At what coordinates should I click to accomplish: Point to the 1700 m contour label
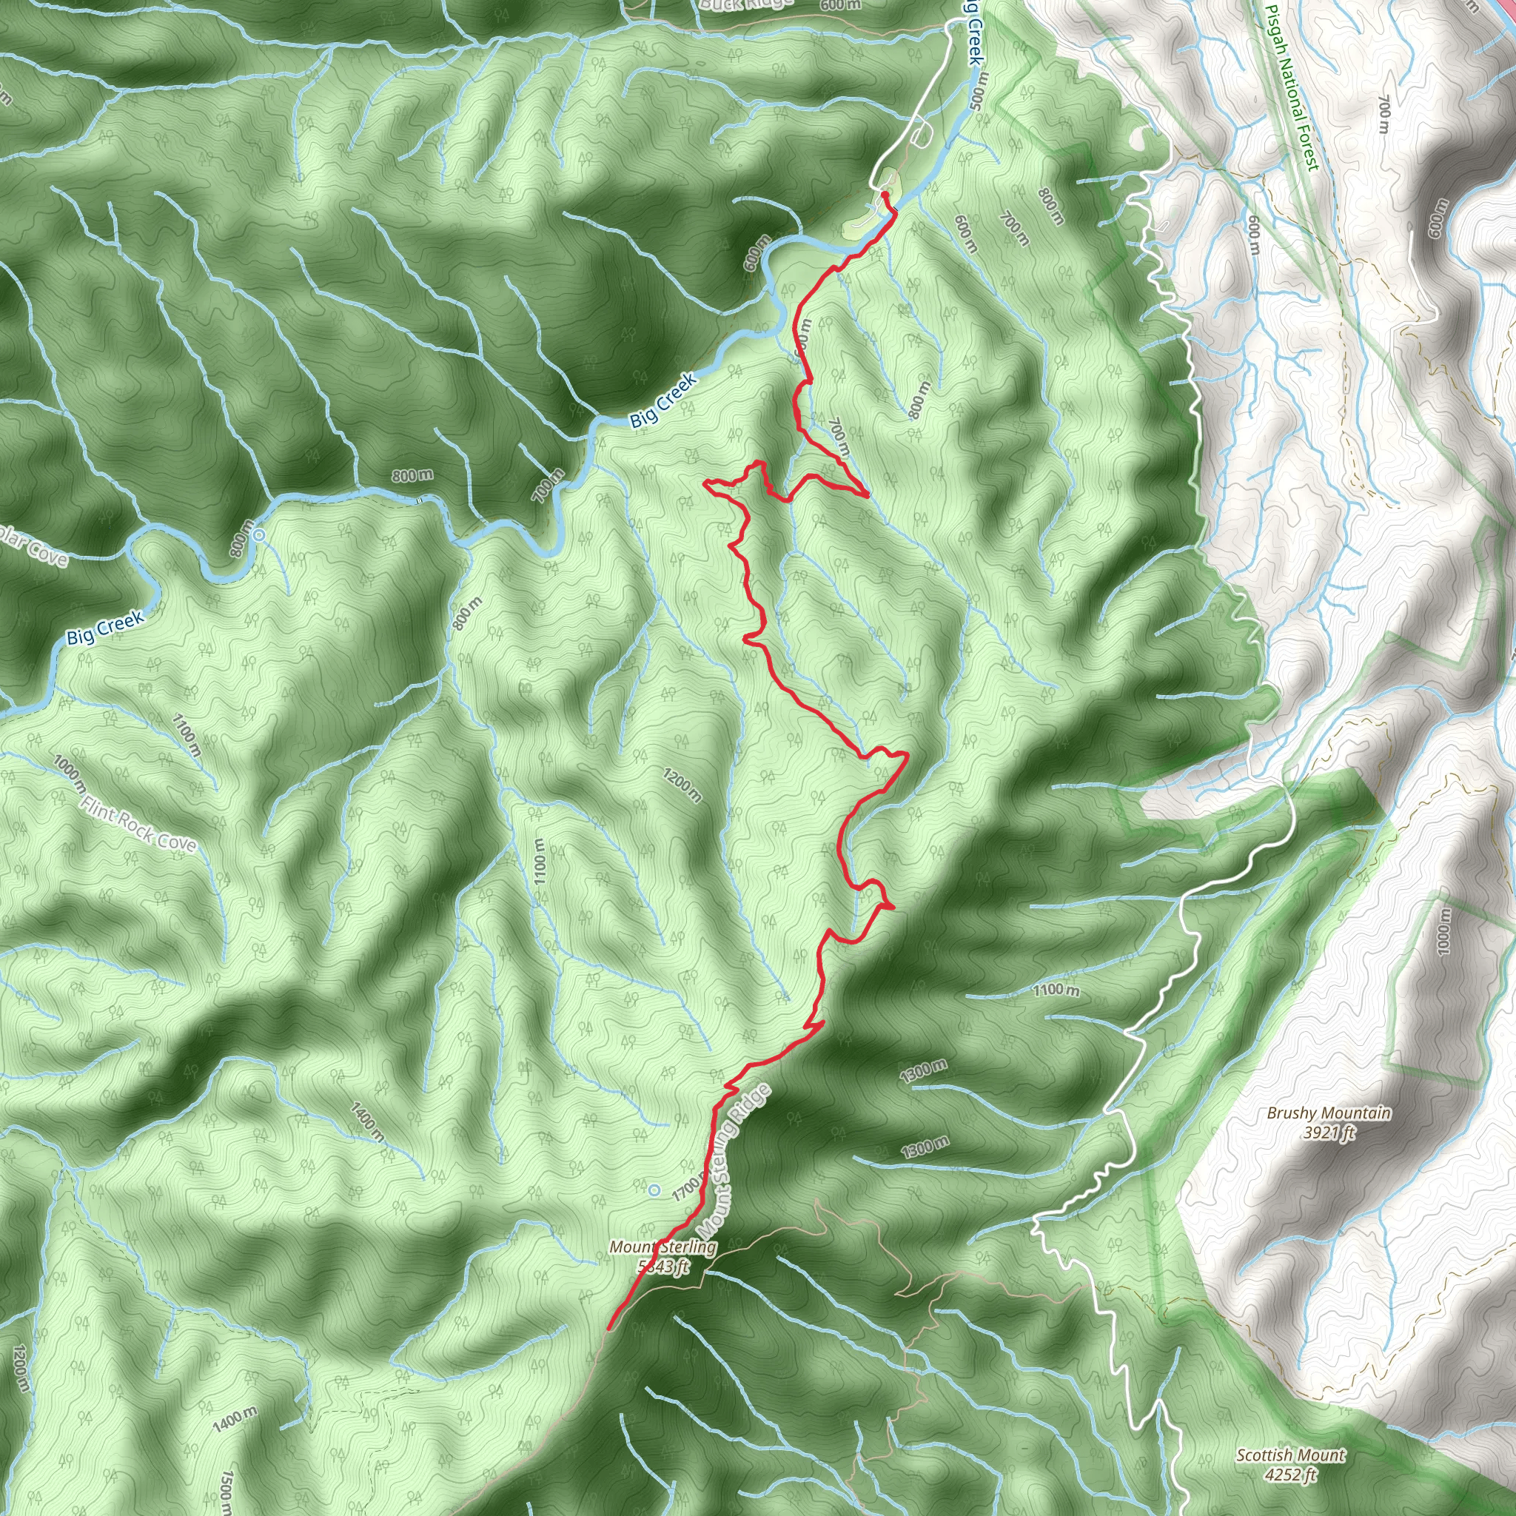coord(685,1189)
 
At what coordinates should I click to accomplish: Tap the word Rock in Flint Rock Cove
coord(138,827)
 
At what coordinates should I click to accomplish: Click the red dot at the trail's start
coord(885,194)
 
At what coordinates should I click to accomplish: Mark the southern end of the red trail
coord(609,1329)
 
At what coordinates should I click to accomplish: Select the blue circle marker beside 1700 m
coord(654,1190)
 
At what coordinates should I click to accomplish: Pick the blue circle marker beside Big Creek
coord(258,535)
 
